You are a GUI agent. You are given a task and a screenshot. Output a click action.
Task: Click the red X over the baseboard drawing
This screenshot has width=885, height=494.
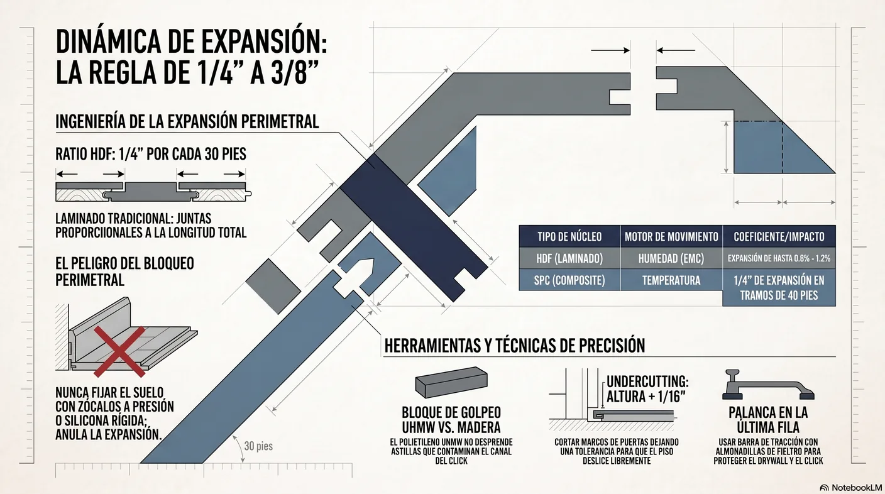pyautogui.click(x=119, y=351)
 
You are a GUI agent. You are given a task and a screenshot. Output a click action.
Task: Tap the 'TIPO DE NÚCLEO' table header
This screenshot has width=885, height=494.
pyautogui.click(x=569, y=237)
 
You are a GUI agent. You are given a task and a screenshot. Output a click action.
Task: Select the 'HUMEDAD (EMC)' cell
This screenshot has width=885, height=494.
pyautogui.click(x=671, y=258)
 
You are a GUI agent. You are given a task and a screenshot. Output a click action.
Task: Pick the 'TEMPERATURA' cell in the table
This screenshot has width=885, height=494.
pyautogui.click(x=671, y=280)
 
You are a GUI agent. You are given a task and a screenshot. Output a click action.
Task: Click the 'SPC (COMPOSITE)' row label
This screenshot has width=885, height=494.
pyautogui.click(x=569, y=280)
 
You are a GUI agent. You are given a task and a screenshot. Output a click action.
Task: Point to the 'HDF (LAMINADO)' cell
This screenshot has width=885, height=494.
pyautogui.click(x=569, y=258)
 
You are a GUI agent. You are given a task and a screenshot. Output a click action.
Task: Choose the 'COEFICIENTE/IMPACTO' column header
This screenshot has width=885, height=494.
pyautogui.click(x=779, y=237)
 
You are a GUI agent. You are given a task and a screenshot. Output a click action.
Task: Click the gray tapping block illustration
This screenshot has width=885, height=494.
pyautogui.click(x=451, y=381)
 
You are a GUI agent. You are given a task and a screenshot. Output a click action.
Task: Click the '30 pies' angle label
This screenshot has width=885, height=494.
pyautogui.click(x=258, y=446)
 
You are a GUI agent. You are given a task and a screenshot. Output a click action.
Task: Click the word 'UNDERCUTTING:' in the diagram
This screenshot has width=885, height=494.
pyautogui.click(x=647, y=381)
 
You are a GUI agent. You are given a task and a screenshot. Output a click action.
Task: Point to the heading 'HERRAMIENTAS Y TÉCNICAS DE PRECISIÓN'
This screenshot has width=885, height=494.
pyautogui.click(x=514, y=345)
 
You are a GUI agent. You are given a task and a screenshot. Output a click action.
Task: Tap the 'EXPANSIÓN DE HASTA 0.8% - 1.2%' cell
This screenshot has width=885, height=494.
pyautogui.click(x=779, y=258)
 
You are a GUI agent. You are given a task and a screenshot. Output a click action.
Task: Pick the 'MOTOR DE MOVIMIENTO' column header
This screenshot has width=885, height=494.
pyautogui.click(x=671, y=237)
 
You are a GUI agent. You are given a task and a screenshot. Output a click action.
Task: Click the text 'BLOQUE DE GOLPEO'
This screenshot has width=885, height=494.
pyautogui.click(x=451, y=412)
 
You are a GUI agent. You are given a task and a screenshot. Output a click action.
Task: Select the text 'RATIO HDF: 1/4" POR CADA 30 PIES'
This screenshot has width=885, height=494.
pyautogui.click(x=150, y=154)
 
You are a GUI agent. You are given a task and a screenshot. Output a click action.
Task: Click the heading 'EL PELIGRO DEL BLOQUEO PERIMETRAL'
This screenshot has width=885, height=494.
pyautogui.click(x=124, y=272)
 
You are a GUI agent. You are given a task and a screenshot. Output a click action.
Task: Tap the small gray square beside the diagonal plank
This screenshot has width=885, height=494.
pyautogui.click(x=273, y=286)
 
